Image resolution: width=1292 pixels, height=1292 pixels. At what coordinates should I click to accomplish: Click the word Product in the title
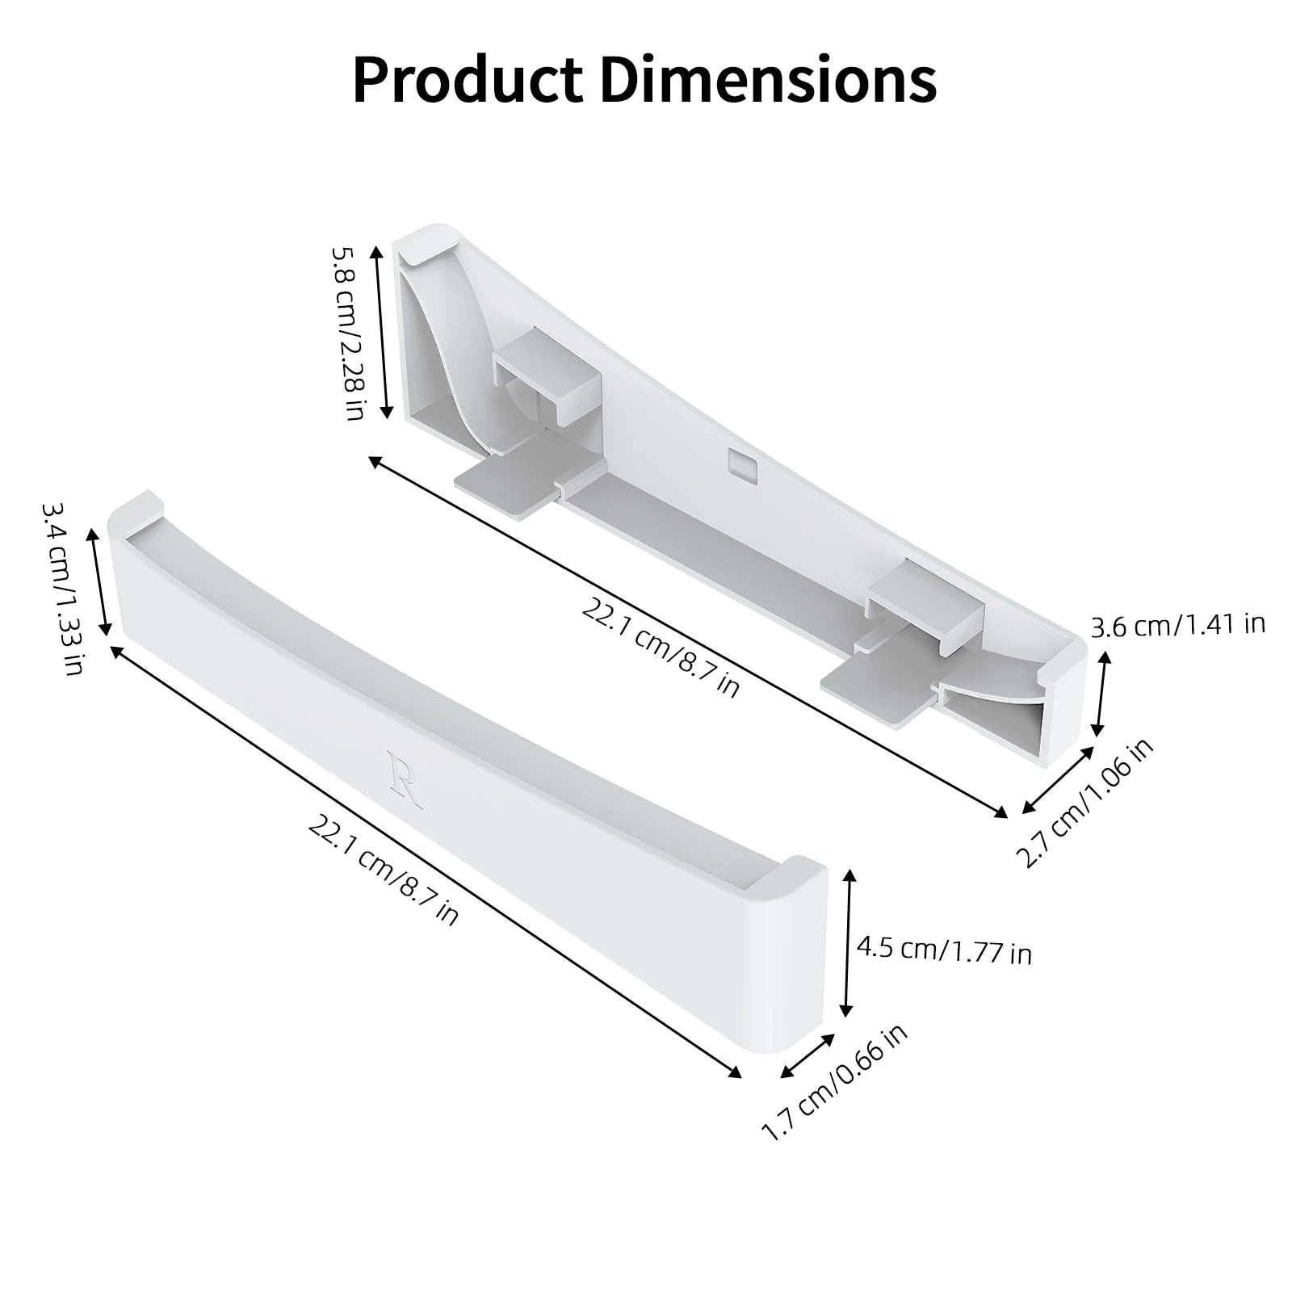(x=468, y=80)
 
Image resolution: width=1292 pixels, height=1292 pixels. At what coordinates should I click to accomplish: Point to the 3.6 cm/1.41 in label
(x=1177, y=625)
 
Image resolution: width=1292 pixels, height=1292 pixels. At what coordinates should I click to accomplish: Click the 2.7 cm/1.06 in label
(x=1085, y=803)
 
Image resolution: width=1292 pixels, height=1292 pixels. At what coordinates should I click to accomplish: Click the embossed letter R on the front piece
(x=405, y=778)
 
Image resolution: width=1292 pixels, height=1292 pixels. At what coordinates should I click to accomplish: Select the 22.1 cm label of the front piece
(x=383, y=870)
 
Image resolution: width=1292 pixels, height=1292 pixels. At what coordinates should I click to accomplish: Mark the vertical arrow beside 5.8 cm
(x=381, y=332)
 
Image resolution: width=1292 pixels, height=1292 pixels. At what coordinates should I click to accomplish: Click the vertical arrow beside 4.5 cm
(x=847, y=942)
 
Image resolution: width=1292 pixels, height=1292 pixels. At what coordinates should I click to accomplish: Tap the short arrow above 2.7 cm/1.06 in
(x=1055, y=780)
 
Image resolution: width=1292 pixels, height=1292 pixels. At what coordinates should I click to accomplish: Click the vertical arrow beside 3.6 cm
(x=1101, y=694)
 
